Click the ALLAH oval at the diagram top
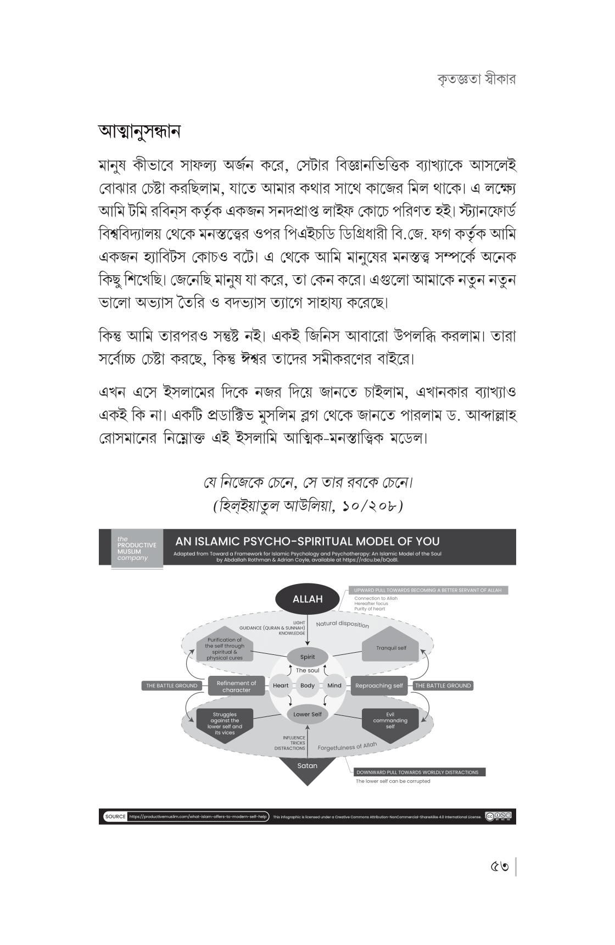tap(307, 599)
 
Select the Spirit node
tap(307, 657)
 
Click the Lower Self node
tap(307, 714)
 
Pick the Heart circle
tap(281, 686)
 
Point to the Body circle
tap(307, 686)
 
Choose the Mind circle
tap(334, 686)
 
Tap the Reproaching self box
tap(379, 686)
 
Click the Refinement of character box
tap(236, 686)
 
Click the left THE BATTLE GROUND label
tap(172, 686)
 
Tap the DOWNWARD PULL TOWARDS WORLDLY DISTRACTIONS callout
tap(417, 772)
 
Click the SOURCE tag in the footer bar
tap(115, 816)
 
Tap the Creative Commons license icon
tap(500, 816)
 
